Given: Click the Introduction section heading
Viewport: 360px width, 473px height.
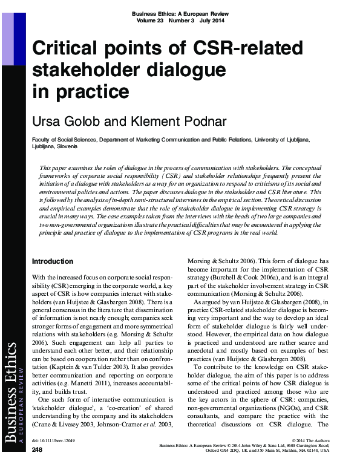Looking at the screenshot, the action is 52,261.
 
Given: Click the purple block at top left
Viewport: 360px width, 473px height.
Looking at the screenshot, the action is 7,33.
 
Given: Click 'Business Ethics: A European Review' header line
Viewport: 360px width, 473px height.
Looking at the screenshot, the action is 181,13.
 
